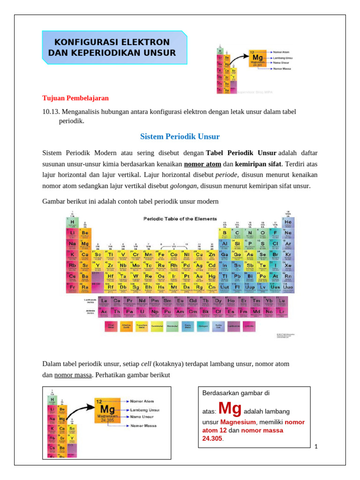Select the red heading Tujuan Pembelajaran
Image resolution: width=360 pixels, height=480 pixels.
(x=75, y=98)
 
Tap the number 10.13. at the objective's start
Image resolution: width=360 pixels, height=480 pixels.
(x=52, y=111)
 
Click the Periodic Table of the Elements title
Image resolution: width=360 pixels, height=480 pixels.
(x=180, y=219)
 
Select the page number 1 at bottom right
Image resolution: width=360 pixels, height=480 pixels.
(x=316, y=446)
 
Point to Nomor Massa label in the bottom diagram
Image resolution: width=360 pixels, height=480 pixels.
(x=144, y=426)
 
